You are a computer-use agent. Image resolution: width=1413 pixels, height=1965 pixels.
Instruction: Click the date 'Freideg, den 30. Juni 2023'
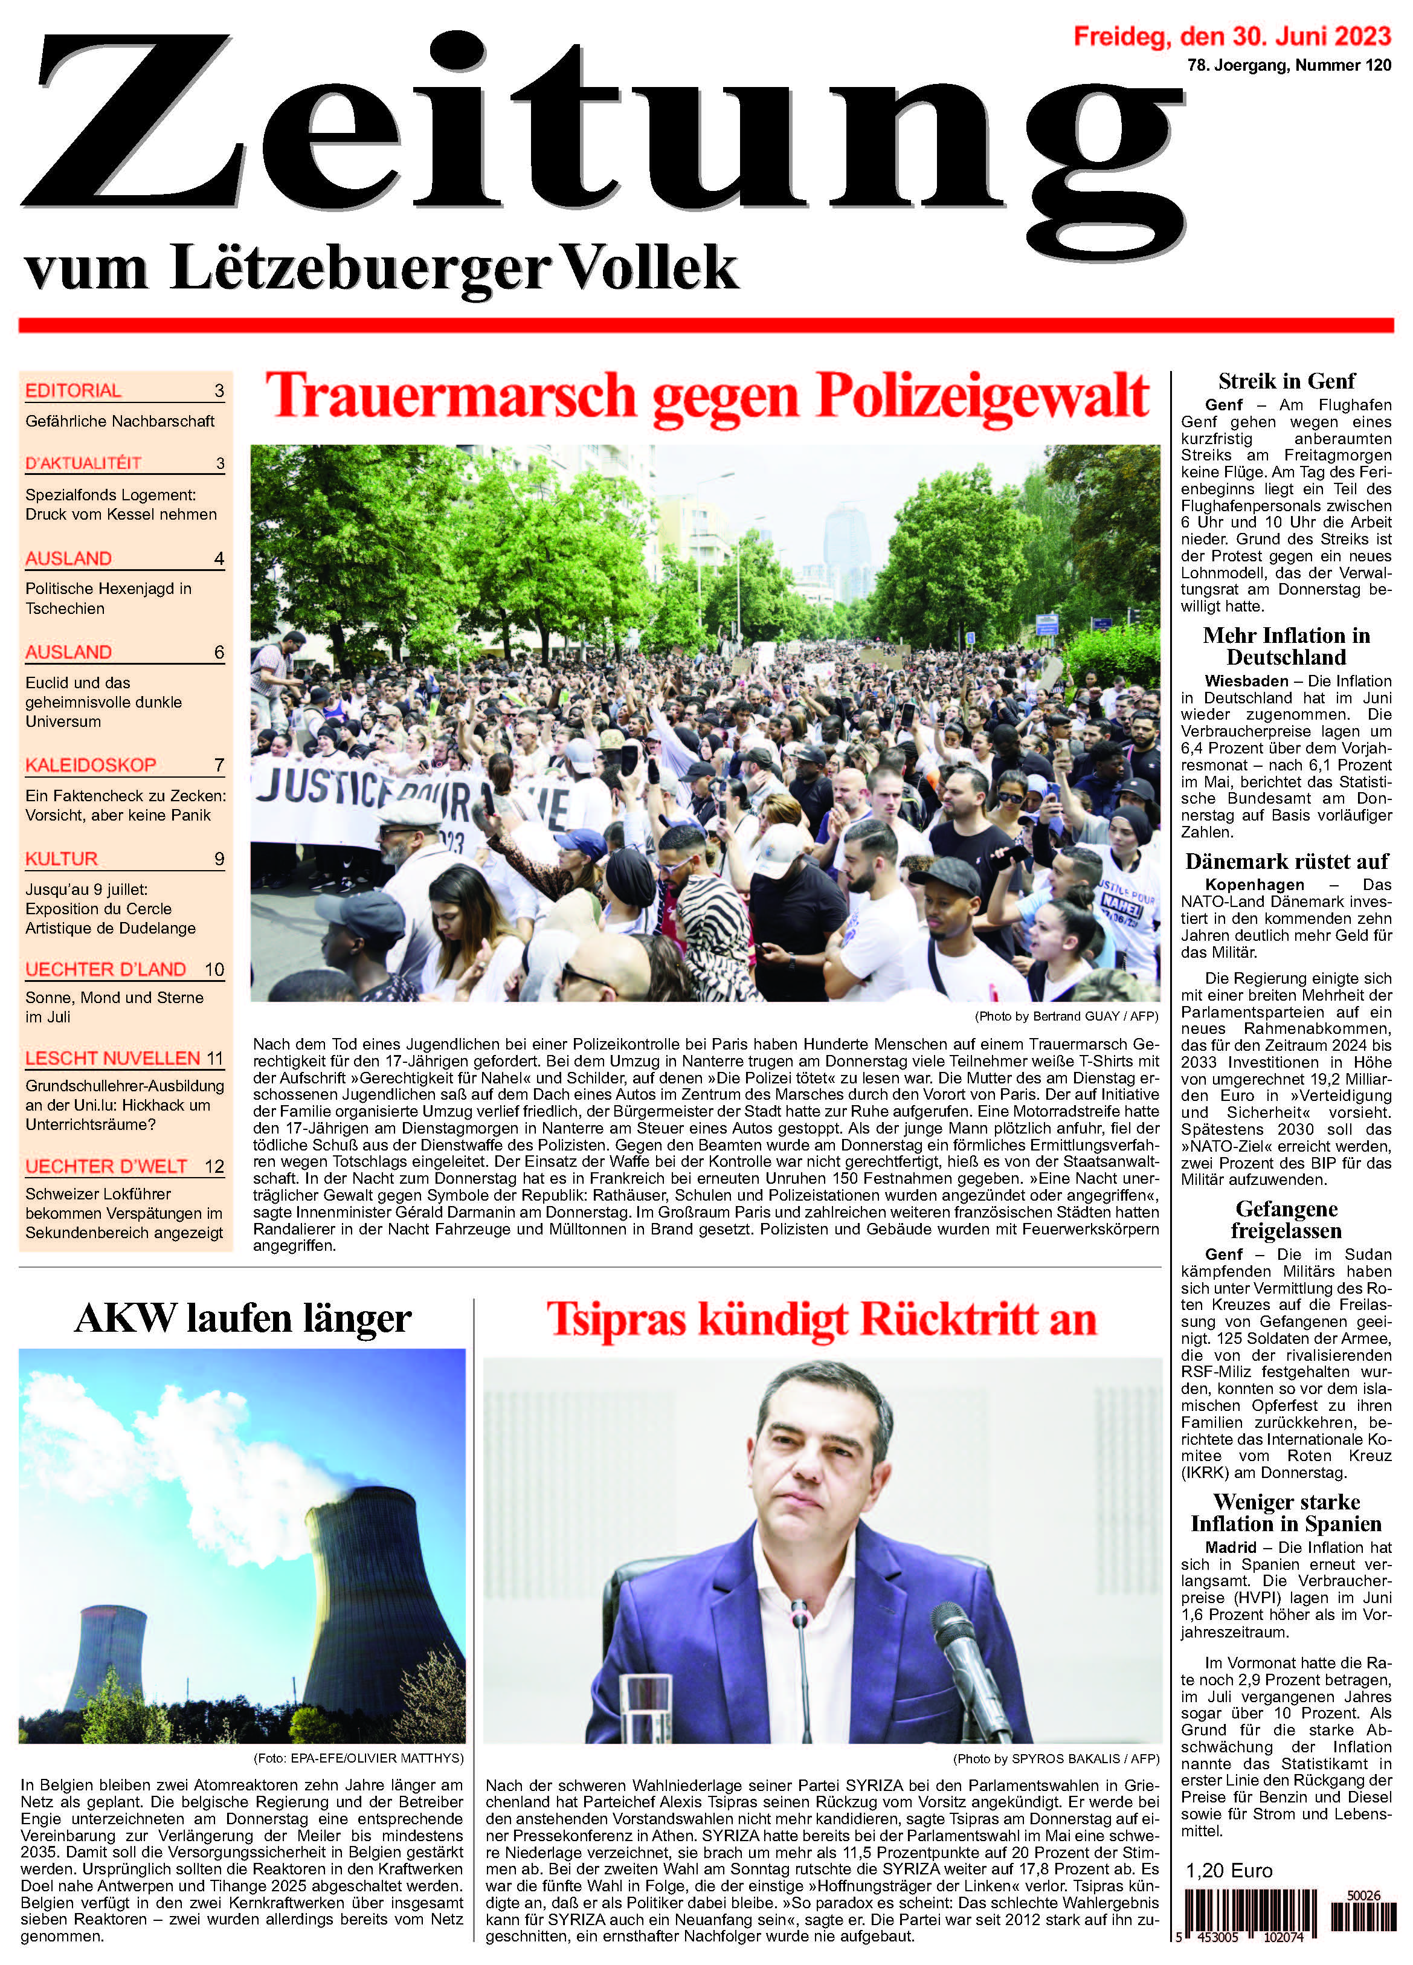1232,36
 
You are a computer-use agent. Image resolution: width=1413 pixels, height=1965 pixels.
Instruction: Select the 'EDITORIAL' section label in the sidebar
74,391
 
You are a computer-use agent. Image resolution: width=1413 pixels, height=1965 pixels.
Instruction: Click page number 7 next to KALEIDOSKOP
219,765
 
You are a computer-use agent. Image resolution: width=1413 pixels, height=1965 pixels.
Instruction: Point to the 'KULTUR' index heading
62,859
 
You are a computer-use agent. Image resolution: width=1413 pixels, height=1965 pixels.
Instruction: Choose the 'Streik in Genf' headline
1287,381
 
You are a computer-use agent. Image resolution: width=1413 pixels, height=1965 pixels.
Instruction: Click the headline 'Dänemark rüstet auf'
1287,861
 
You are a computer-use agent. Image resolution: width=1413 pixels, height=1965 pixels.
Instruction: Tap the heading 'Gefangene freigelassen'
1287,1220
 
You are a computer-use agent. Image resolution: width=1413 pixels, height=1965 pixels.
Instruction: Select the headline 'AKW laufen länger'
243,1318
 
